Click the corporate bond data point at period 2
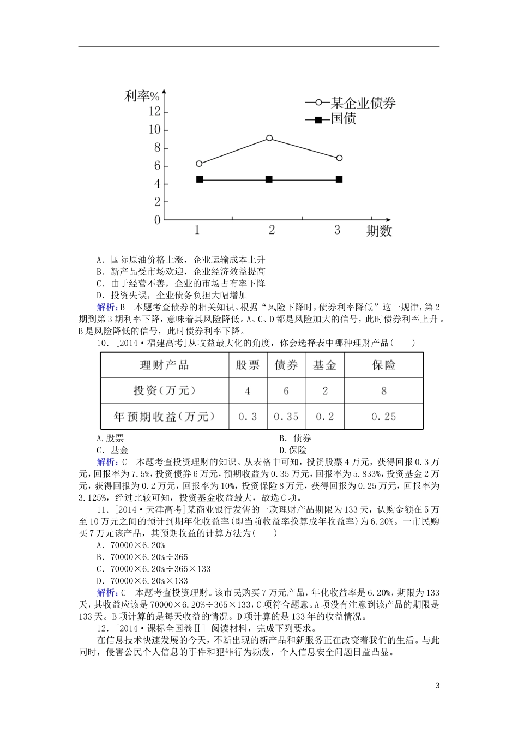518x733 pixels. [269, 139]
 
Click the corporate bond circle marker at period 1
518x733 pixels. [199, 164]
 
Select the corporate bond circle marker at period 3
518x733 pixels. [339, 158]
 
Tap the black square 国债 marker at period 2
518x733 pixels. [269, 179]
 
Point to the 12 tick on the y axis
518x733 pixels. [154, 112]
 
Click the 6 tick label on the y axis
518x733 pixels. [157, 166]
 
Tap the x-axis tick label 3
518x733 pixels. [337, 230]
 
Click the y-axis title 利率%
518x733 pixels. [141, 97]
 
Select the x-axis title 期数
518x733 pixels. [379, 231]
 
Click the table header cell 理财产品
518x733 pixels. [165, 365]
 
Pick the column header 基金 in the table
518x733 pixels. [324, 365]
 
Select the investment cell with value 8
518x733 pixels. [383, 391]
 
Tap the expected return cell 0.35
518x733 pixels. [286, 417]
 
